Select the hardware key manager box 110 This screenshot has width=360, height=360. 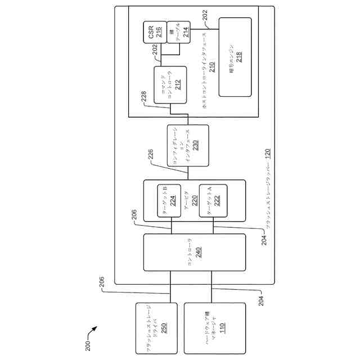point(215,328)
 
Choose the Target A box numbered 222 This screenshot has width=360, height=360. point(214,201)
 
